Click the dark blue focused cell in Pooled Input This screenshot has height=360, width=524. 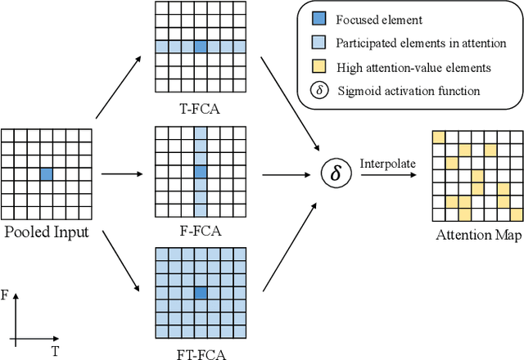click(46, 173)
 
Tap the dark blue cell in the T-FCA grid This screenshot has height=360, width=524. click(200, 47)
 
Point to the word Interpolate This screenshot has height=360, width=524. click(388, 164)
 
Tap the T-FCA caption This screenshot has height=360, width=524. click(199, 105)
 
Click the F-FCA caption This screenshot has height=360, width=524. click(199, 230)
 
